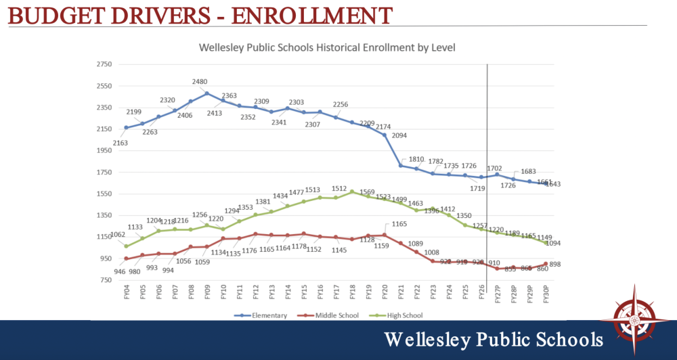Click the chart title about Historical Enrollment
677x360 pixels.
tap(327, 48)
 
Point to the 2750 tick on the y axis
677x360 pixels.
tap(104, 64)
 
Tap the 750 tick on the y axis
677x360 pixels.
tap(106, 280)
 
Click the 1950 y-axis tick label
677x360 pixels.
tap(104, 151)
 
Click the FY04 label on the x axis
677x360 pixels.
tap(127, 294)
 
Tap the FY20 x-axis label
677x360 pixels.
tap(385, 294)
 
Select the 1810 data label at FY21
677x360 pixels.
tap(416, 160)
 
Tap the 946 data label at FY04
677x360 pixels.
tap(119, 271)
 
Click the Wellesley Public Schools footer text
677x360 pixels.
tap(494, 339)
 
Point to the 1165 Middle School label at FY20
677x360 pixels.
tap(399, 224)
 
